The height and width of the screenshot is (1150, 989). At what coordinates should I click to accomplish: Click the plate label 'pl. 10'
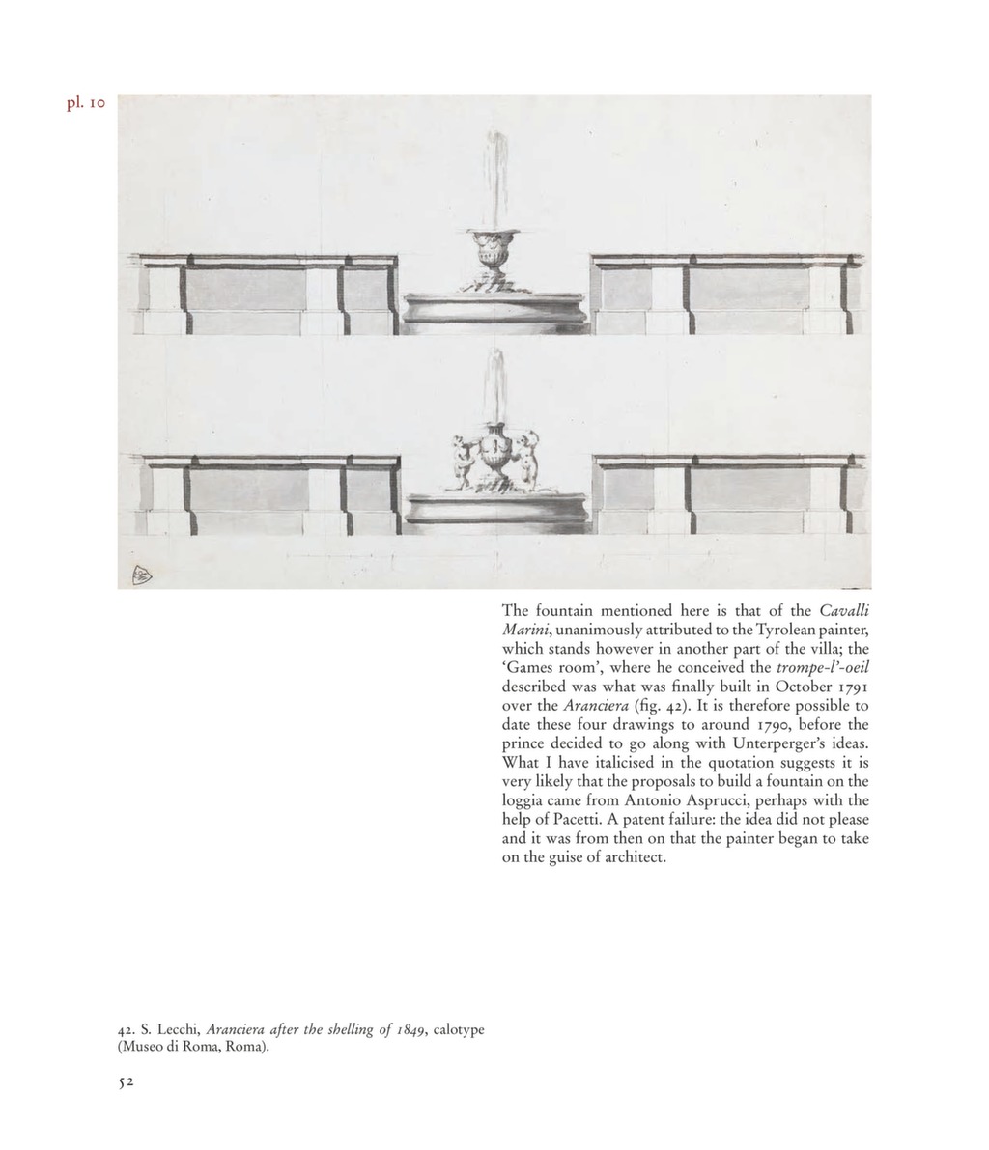(85, 103)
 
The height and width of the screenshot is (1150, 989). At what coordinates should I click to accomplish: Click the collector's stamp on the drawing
(138, 575)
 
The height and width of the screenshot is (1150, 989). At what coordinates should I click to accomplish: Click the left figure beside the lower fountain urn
(464, 459)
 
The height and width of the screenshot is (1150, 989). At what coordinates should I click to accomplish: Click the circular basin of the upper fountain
(494, 311)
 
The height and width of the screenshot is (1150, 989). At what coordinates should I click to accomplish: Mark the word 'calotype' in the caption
(458, 1030)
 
